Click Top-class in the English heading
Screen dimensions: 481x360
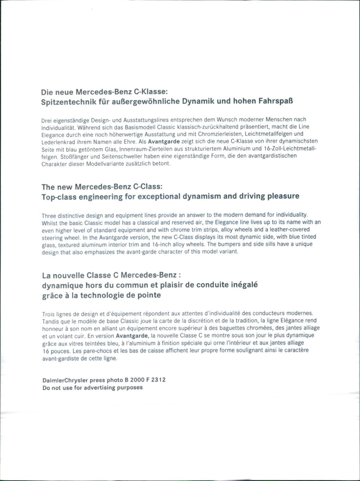60,196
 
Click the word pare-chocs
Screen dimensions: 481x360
91,351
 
